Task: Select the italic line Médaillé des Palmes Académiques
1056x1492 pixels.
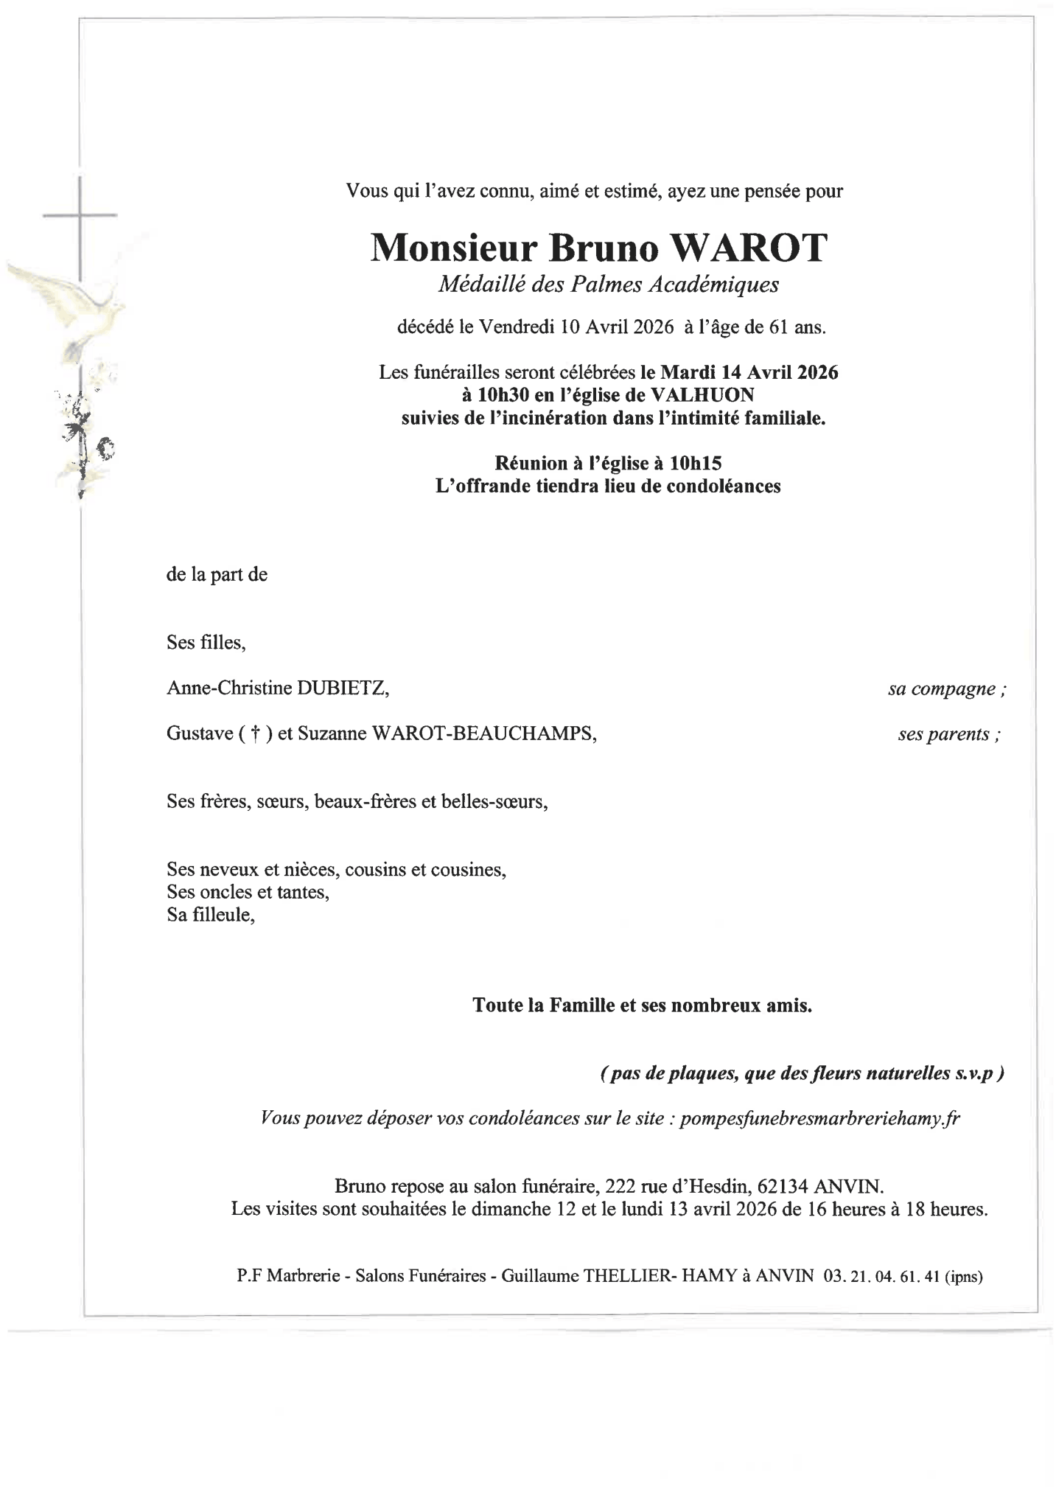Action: click(x=608, y=285)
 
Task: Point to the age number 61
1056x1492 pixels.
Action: click(x=778, y=327)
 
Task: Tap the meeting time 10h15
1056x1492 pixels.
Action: click(x=695, y=463)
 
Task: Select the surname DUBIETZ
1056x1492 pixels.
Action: click(x=342, y=689)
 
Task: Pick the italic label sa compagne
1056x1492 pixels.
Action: click(x=947, y=689)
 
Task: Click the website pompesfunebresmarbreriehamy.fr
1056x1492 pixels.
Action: click(x=819, y=1118)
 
